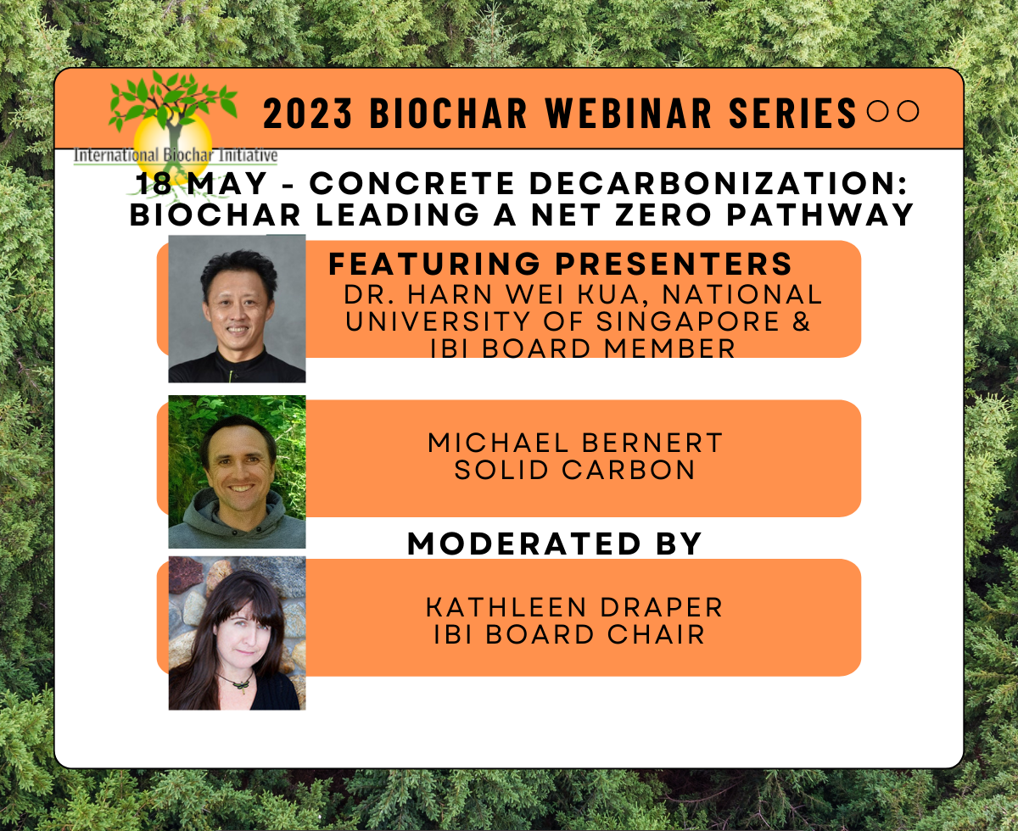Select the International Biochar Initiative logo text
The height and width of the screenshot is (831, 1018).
pyautogui.click(x=176, y=156)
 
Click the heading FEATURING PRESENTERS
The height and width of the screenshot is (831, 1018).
pyautogui.click(x=561, y=265)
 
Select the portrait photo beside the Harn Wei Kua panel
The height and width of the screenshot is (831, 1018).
pyautogui.click(x=237, y=309)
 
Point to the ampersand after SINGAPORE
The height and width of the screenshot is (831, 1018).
pyautogui.click(x=801, y=322)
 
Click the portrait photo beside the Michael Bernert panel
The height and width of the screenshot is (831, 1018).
pyautogui.click(x=237, y=471)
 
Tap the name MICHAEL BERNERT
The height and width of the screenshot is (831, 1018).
pyautogui.click(x=575, y=443)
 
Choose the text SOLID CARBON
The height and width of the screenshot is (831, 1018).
pyautogui.click(x=575, y=471)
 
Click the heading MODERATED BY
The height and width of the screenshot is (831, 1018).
pyautogui.click(x=555, y=544)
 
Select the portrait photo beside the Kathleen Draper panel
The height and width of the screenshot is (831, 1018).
pyautogui.click(x=237, y=633)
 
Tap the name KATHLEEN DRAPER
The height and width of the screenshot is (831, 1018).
pyautogui.click(x=574, y=607)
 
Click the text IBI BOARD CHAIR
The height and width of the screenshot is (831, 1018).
pyautogui.click(x=569, y=634)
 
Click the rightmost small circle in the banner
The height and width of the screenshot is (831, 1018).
pyautogui.click(x=909, y=111)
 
